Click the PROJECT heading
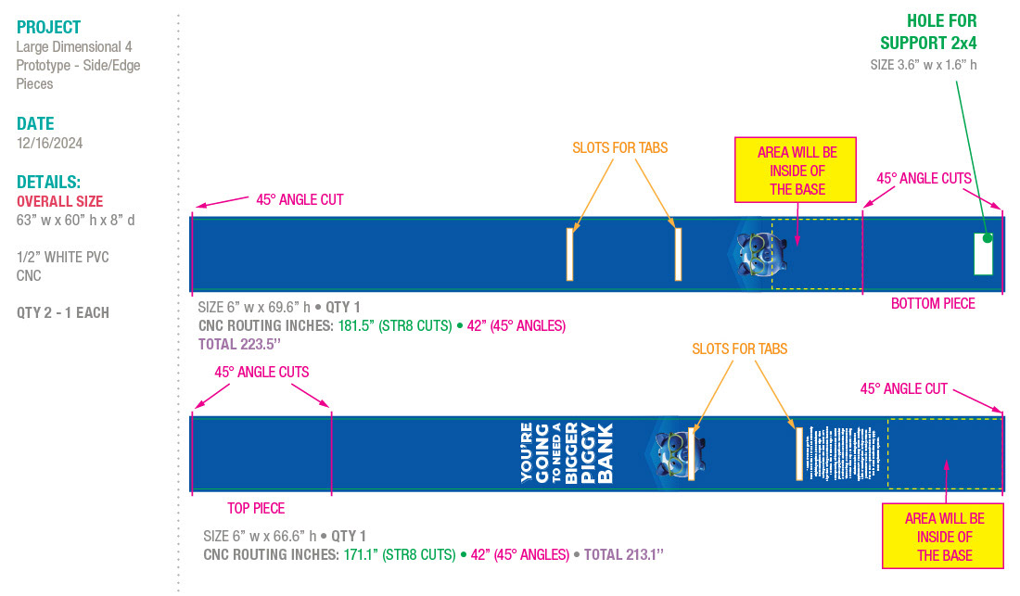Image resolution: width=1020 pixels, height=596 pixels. pyautogui.click(x=48, y=28)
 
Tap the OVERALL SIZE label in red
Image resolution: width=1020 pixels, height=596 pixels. pyautogui.click(x=59, y=201)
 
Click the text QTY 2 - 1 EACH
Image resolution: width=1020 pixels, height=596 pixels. pyautogui.click(x=62, y=312)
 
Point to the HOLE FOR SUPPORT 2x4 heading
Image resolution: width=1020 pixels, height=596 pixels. pyautogui.click(x=928, y=32)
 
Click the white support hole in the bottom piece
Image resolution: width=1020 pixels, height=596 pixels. pyautogui.click(x=983, y=254)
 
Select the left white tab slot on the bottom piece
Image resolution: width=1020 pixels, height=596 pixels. pyautogui.click(x=570, y=253)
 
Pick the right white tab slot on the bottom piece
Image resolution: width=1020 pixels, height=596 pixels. pyautogui.click(x=678, y=253)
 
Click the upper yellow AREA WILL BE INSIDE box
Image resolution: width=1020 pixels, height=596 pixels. pyautogui.click(x=797, y=171)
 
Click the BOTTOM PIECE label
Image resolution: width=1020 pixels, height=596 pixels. pyautogui.click(x=933, y=303)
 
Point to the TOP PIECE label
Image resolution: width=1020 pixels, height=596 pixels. pyautogui.click(x=256, y=508)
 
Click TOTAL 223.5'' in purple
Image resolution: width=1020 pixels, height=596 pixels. pyautogui.click(x=241, y=344)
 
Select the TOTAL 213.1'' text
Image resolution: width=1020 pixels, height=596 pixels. pyautogui.click(x=623, y=554)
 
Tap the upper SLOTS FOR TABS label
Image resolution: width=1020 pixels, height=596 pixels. pyautogui.click(x=619, y=147)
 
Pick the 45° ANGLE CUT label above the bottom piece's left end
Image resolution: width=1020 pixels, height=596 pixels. pyautogui.click(x=300, y=199)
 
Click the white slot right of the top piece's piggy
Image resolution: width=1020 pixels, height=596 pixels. pyautogui.click(x=797, y=453)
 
